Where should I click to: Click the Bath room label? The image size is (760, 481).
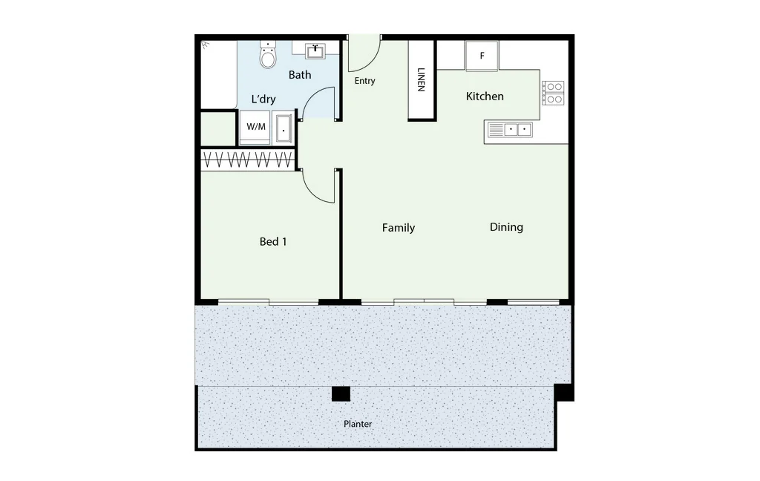coord(300,75)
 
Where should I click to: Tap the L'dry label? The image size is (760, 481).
coord(263,99)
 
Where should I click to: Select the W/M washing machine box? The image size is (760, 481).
coord(255,127)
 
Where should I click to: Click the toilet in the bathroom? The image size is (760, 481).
coord(268,56)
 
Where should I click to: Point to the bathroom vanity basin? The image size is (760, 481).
coord(316,50)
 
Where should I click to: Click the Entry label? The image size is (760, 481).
coord(364,81)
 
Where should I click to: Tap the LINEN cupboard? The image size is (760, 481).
coord(422,79)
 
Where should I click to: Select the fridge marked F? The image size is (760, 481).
coord(482,56)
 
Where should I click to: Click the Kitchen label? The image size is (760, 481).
coord(485,96)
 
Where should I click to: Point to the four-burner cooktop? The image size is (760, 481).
coord(553,93)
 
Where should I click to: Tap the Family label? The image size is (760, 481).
coord(399,228)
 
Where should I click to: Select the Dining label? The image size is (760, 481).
coord(506,227)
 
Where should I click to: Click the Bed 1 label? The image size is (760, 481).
coord(273,241)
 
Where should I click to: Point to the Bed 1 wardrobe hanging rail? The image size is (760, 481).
coord(247,160)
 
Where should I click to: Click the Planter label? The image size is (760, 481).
coord(358,424)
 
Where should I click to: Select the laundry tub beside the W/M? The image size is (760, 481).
coord(284,128)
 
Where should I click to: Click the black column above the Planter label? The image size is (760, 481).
coord(341,394)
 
